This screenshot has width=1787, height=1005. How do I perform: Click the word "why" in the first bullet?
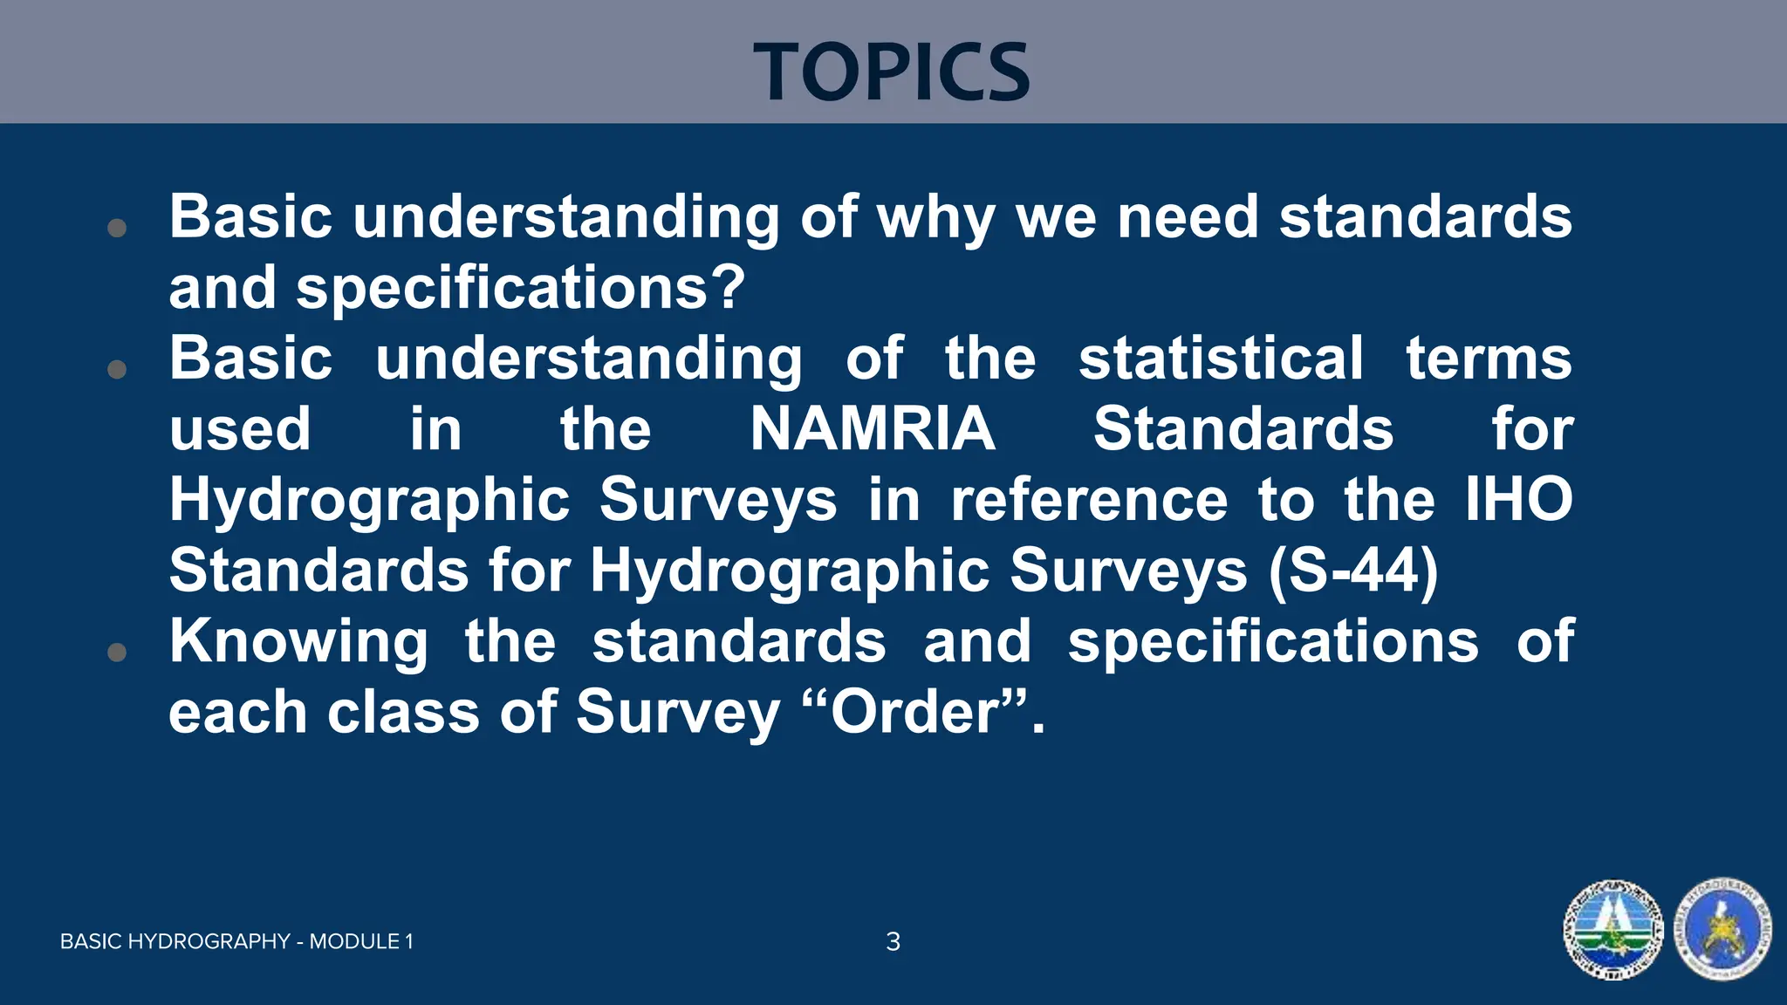[935, 218]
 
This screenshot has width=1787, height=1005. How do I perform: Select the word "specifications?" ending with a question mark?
[521, 289]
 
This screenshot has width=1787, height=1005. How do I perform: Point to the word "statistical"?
[1221, 359]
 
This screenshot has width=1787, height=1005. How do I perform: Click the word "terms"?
[1489, 359]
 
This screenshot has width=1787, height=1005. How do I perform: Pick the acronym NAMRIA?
[873, 429]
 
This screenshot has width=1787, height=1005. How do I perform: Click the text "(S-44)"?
[1353, 571]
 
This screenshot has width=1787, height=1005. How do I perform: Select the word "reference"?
[1089, 500]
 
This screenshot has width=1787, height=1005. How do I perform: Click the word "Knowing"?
[298, 642]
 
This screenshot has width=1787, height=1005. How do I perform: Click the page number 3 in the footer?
[893, 941]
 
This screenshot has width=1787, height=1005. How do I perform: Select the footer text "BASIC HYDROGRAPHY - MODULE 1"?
[236, 941]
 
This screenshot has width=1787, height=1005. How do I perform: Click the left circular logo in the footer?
[1612, 930]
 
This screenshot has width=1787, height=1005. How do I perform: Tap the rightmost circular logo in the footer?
[1723, 930]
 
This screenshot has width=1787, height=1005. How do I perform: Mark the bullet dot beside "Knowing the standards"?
[117, 652]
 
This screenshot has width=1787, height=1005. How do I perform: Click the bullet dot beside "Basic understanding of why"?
[117, 229]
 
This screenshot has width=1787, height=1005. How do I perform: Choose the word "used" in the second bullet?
[240, 429]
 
